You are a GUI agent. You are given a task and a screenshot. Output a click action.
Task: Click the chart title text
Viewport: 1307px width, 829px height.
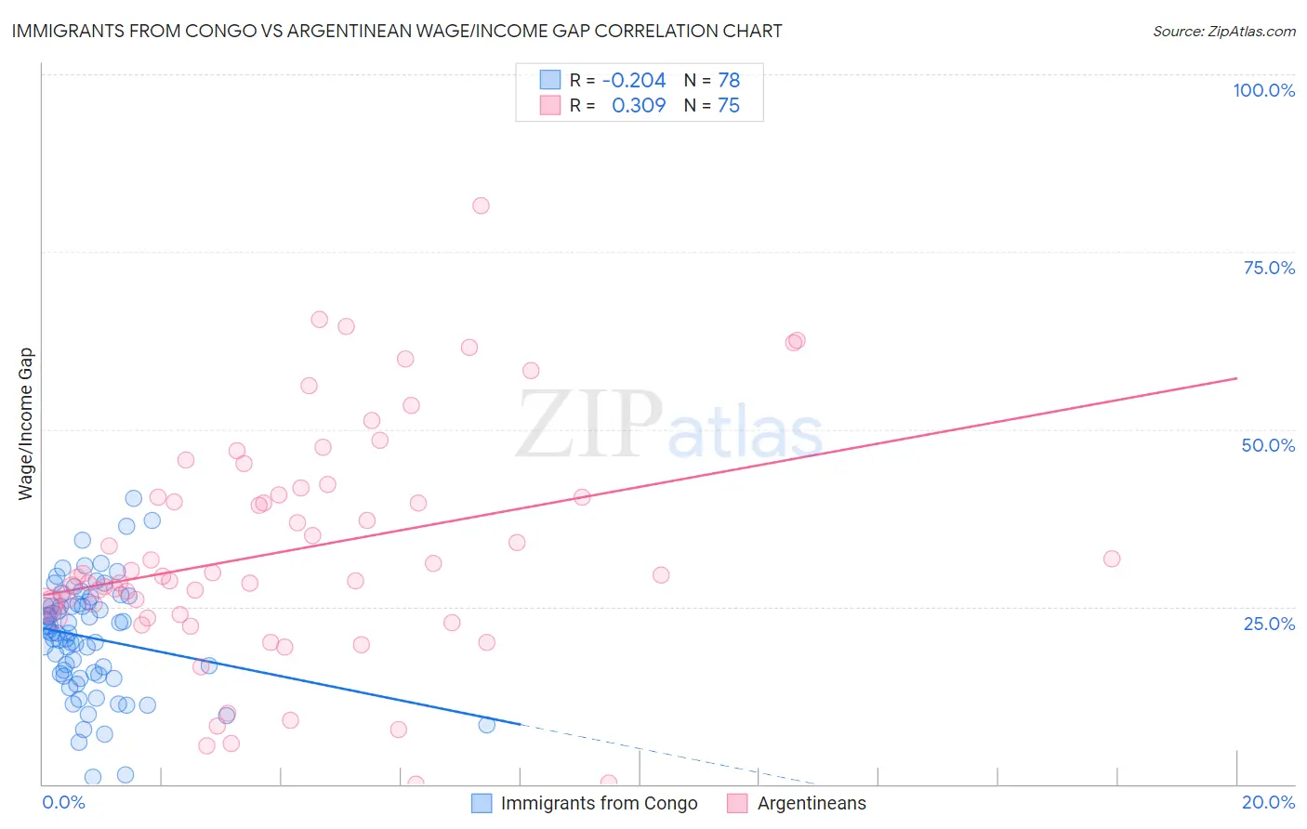tap(396, 31)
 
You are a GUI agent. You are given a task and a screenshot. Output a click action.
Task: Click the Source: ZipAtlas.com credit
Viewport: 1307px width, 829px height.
tap(1223, 31)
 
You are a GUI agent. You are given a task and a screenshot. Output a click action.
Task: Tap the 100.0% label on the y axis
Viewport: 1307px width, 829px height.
tap(1263, 90)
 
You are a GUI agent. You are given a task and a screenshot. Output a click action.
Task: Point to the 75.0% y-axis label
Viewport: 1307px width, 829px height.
tap(1269, 268)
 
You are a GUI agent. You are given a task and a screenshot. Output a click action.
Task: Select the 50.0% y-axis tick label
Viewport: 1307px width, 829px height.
tap(1268, 445)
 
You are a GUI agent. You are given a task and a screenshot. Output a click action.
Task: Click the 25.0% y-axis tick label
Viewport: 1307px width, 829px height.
tap(1269, 623)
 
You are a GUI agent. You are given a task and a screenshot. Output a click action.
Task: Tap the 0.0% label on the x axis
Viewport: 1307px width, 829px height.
tap(63, 802)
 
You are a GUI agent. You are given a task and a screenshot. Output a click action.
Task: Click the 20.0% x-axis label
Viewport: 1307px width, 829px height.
tap(1268, 802)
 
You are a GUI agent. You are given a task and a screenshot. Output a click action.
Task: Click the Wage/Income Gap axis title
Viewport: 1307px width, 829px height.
tap(25, 424)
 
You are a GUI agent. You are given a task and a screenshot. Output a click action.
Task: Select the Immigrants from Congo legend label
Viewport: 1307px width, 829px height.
tap(599, 803)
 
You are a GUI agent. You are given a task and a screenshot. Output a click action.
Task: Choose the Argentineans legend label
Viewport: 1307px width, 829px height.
tap(811, 803)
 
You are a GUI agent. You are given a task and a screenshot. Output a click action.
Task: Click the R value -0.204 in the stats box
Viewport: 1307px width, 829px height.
tap(634, 80)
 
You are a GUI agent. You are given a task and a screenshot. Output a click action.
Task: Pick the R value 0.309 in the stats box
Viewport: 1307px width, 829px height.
tap(639, 105)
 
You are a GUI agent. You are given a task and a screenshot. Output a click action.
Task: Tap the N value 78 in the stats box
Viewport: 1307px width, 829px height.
tap(729, 80)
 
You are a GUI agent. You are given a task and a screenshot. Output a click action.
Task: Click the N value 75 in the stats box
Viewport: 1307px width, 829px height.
tap(729, 105)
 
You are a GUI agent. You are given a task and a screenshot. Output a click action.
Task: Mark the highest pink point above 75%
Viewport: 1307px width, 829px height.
tap(481, 205)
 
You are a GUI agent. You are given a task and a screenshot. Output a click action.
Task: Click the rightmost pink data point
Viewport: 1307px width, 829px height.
tap(1112, 559)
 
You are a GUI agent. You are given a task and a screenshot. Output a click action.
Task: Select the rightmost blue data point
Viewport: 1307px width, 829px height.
tap(487, 725)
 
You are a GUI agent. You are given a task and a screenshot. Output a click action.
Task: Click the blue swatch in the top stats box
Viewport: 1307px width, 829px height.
tap(550, 80)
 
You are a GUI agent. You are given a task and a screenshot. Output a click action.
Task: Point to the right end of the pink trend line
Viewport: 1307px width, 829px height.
tap(1236, 378)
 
